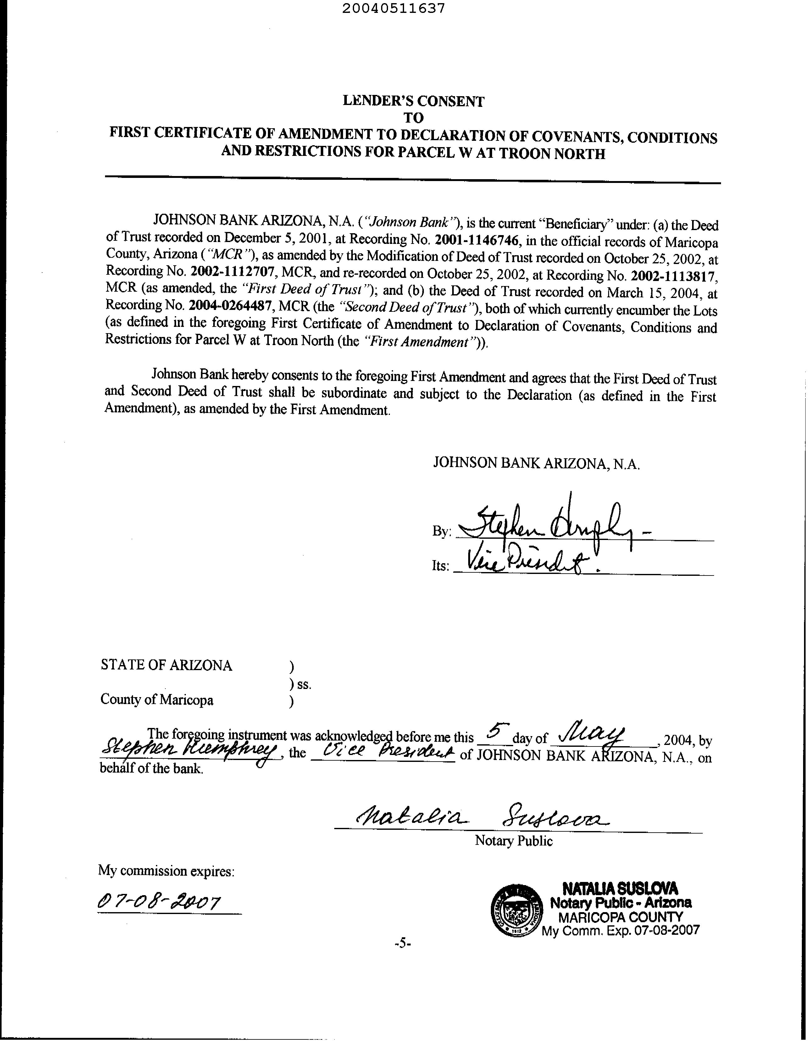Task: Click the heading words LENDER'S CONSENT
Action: coord(413,101)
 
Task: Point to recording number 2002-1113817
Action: coord(673,276)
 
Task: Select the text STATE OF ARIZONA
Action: coord(166,665)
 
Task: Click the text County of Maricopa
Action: coord(157,700)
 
